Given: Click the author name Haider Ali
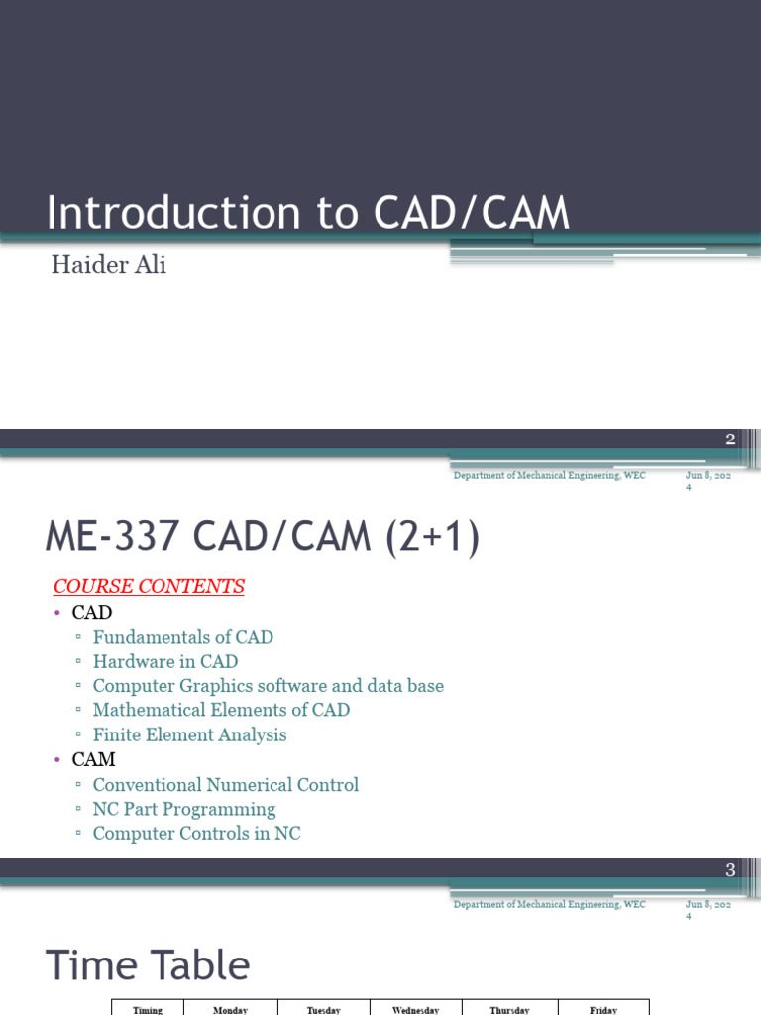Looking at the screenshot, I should pyautogui.click(x=109, y=266).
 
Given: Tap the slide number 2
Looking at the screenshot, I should pyautogui.click(x=730, y=440).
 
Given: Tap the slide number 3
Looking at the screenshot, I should pyautogui.click(x=730, y=870).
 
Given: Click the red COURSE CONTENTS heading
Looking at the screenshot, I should pyautogui.click(x=149, y=586).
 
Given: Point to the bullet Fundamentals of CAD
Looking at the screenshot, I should pyautogui.click(x=182, y=637).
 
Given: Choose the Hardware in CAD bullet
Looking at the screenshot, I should pyautogui.click(x=164, y=661).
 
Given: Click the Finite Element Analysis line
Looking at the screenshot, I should pyautogui.click(x=189, y=734).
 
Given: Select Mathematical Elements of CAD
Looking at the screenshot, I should pyautogui.click(x=221, y=710).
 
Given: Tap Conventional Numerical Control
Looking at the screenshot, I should pyautogui.click(x=225, y=785).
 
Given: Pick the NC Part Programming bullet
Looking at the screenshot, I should pyautogui.click(x=183, y=809).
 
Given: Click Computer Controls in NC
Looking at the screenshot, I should pyautogui.click(x=196, y=834).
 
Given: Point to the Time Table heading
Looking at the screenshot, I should pyautogui.click(x=149, y=965).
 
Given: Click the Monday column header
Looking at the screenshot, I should pyautogui.click(x=230, y=1010).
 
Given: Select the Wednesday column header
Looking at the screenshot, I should pyautogui.click(x=416, y=1010).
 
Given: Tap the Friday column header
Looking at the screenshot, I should pyautogui.click(x=603, y=1010).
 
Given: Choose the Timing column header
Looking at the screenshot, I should pyautogui.click(x=148, y=1010).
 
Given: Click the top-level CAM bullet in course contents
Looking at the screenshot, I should pyautogui.click(x=94, y=760).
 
